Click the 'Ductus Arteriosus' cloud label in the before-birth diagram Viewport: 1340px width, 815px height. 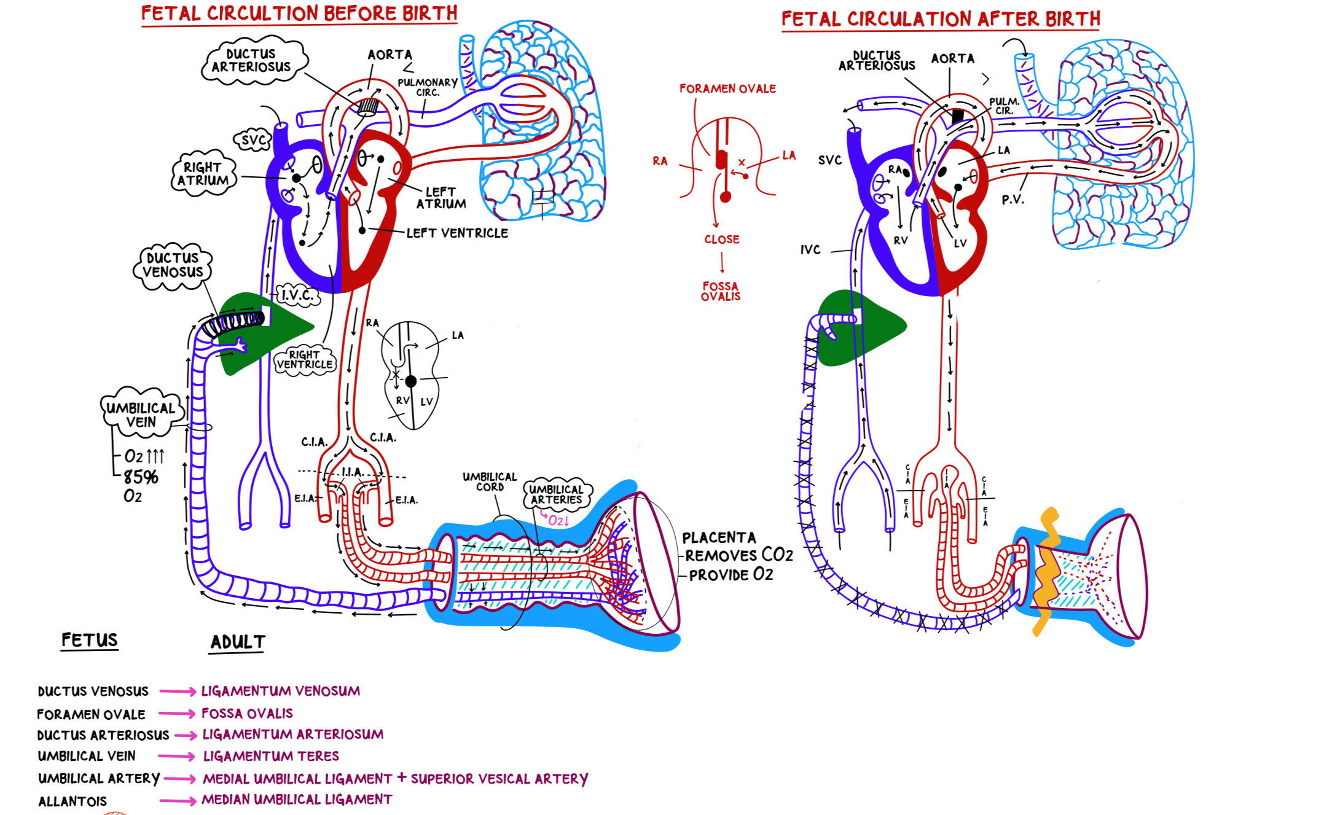coord(251,61)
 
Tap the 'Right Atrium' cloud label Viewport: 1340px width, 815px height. coord(203,174)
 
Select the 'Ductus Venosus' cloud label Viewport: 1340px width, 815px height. coord(173,265)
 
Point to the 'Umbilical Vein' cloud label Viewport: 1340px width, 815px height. coord(141,415)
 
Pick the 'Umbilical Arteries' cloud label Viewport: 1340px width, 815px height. coord(556,494)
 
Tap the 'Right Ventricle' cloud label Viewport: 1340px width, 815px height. coord(305,359)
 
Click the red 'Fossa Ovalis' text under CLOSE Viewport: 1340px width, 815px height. coord(721,291)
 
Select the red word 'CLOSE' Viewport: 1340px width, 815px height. coord(722,240)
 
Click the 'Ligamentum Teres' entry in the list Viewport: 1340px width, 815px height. coord(271,756)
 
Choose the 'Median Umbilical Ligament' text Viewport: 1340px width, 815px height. coord(297,800)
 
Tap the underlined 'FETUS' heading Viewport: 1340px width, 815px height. coord(90,640)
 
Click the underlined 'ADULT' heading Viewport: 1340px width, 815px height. coord(238,642)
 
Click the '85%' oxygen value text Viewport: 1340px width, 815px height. coord(141,477)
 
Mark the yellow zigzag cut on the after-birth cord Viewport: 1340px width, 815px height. coord(1047,571)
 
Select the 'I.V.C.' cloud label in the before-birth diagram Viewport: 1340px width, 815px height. coord(298,295)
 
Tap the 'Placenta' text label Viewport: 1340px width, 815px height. coord(719,538)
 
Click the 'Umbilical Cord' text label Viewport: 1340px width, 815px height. coord(490,482)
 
